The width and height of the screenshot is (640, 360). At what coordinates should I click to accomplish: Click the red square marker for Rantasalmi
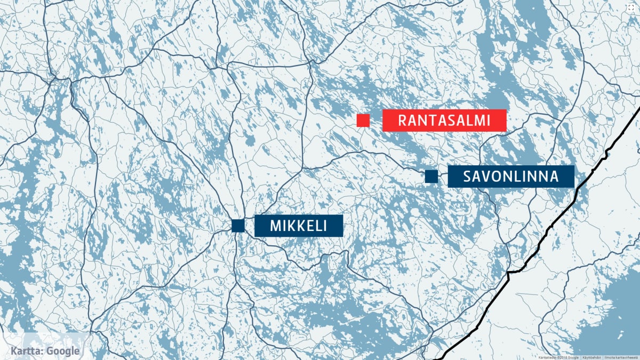point(363,121)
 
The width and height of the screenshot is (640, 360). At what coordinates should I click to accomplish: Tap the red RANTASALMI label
point(444,121)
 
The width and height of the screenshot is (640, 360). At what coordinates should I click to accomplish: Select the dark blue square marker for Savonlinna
point(431,176)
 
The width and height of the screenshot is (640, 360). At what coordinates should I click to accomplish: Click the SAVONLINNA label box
point(510,177)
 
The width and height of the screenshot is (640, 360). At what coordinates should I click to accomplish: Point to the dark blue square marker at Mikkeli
point(238,226)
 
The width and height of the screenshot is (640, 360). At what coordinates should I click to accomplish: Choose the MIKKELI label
point(298,226)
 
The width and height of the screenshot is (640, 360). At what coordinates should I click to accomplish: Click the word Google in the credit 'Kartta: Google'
point(62,351)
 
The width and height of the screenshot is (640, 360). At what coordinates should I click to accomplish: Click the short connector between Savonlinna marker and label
point(443,177)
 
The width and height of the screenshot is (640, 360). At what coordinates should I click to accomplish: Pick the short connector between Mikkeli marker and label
point(249,226)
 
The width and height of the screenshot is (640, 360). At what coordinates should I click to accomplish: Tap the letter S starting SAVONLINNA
point(467,177)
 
